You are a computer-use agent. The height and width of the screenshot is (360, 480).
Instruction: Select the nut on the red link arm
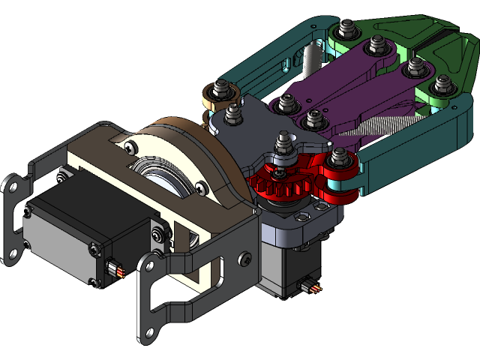[x=339, y=158]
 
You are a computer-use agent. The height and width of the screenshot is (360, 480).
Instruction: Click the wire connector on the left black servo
[x=115, y=269]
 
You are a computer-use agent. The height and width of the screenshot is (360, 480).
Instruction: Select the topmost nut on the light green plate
[x=346, y=30]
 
